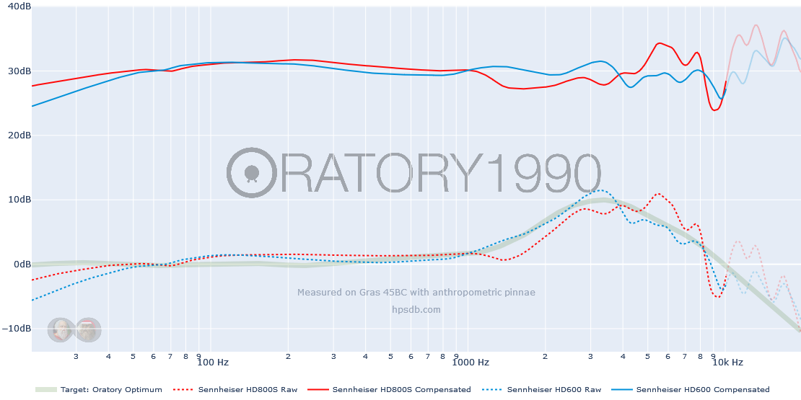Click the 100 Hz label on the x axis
[213, 363]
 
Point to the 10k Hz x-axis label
[727, 363]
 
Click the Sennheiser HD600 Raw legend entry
[553, 390]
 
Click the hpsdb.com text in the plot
[416, 310]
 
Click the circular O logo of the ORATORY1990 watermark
[251, 173]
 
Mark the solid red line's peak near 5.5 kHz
[659, 43]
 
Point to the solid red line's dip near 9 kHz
[714, 110]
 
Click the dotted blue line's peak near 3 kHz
[599, 190]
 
